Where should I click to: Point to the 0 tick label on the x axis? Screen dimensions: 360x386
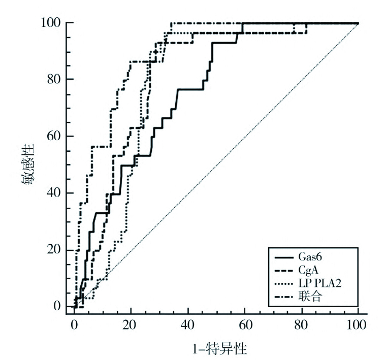pyautogui.click(x=74, y=324)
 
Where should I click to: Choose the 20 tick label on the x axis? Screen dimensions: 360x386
pyautogui.click(x=131, y=324)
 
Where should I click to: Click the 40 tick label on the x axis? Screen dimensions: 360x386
pyautogui.click(x=188, y=324)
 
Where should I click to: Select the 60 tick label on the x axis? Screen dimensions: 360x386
pyautogui.click(x=245, y=324)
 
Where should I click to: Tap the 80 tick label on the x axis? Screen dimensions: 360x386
pyautogui.click(x=302, y=324)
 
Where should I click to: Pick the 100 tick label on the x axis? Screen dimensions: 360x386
pyautogui.click(x=358, y=324)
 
